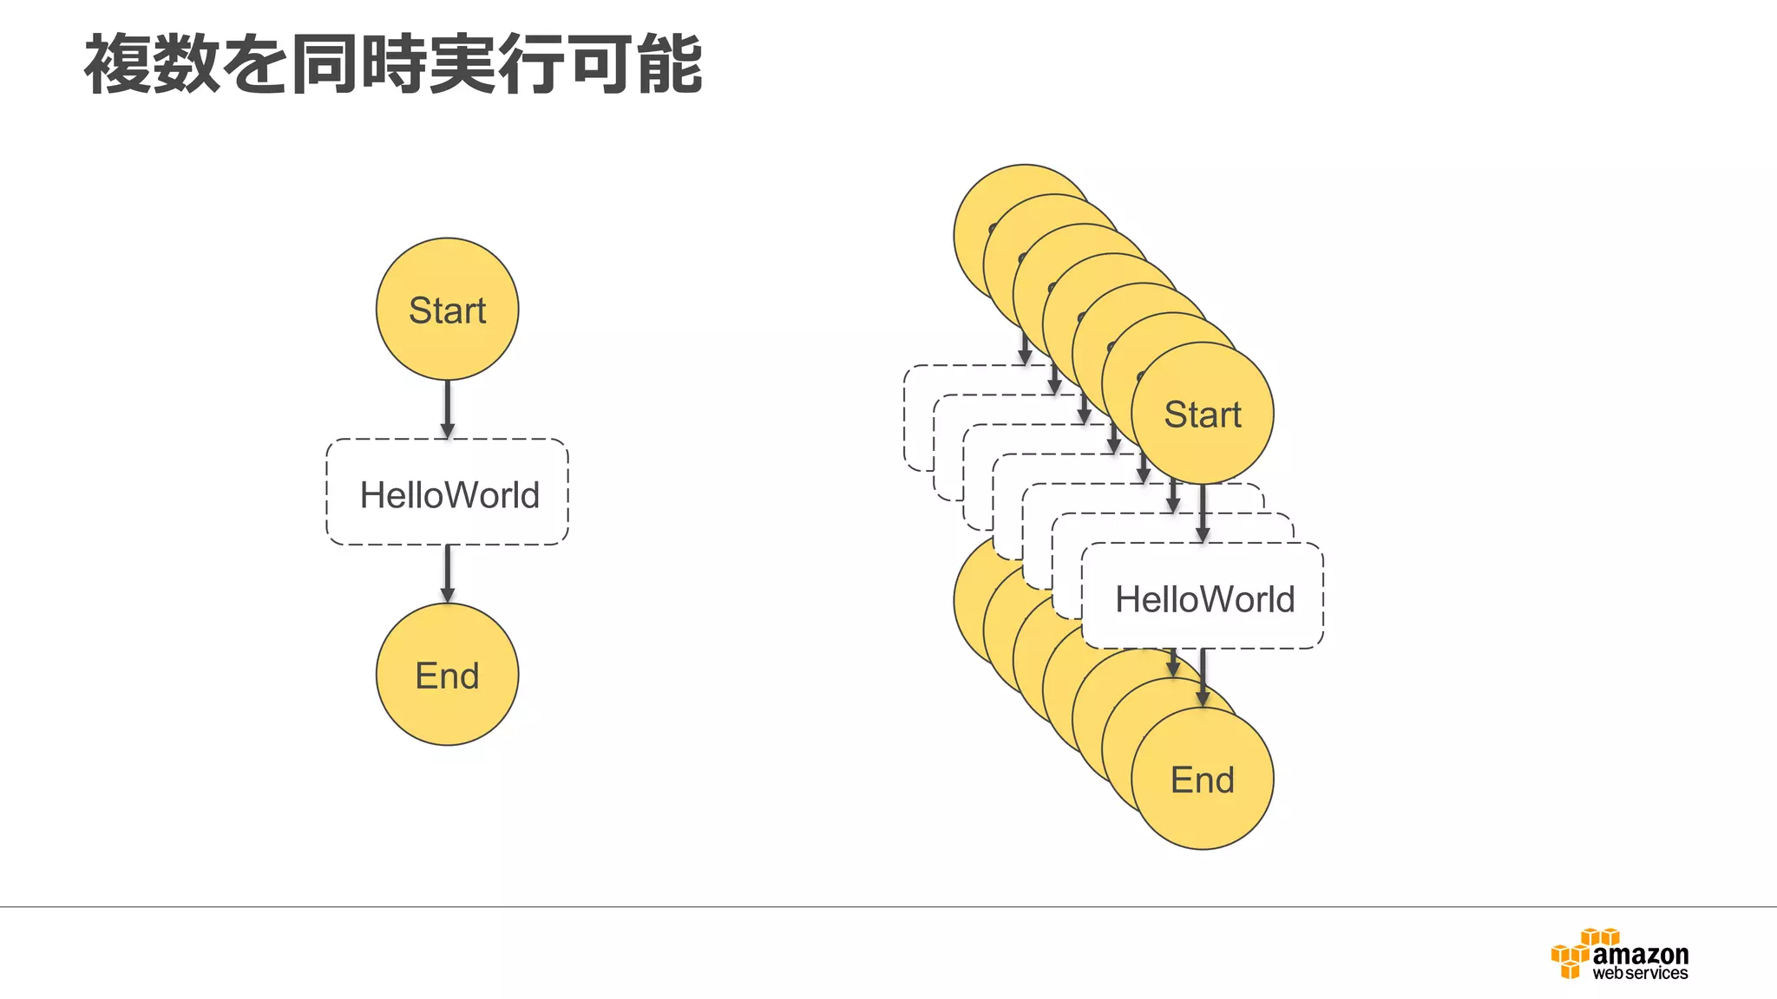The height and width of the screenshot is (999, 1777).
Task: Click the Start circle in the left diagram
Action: click(447, 310)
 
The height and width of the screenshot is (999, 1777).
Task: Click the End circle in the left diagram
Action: click(447, 675)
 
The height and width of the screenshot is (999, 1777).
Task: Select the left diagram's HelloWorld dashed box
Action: click(447, 493)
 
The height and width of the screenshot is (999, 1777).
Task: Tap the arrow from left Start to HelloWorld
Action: click(447, 408)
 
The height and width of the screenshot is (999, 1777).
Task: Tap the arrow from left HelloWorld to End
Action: click(447, 573)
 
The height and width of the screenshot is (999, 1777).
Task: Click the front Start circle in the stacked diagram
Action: click(1202, 414)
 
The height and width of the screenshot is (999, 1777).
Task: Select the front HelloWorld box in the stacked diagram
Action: click(1203, 597)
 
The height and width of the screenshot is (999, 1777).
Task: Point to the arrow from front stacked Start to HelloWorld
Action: click(1202, 513)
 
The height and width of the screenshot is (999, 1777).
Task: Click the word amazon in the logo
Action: click(1640, 954)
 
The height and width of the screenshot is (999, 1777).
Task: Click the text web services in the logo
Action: click(1640, 974)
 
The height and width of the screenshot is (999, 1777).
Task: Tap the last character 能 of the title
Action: click(669, 64)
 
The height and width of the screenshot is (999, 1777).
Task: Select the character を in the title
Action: click(256, 64)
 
